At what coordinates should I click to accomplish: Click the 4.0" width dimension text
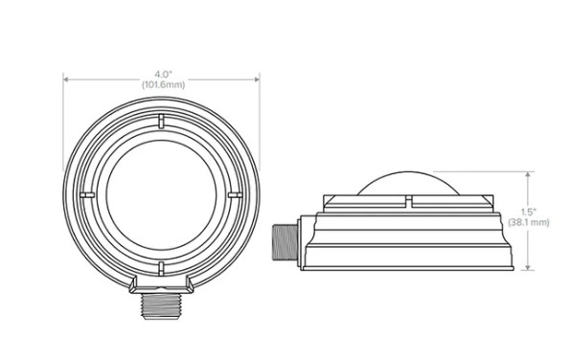pyautogui.click(x=163, y=75)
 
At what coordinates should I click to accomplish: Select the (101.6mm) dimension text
pyautogui.click(x=163, y=85)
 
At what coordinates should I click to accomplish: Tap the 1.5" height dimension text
pyautogui.click(x=528, y=212)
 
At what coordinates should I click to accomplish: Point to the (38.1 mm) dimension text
pyautogui.click(x=529, y=222)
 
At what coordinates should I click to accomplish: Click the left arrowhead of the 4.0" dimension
pyautogui.click(x=66, y=79)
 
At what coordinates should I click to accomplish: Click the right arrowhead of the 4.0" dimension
pyautogui.click(x=257, y=79)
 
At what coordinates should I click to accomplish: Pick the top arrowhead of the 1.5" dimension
pyautogui.click(x=528, y=175)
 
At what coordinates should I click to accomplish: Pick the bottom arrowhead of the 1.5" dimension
pyautogui.click(x=528, y=267)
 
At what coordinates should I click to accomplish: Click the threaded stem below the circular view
pyautogui.click(x=161, y=306)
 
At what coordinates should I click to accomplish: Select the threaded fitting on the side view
pyautogui.click(x=286, y=242)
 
